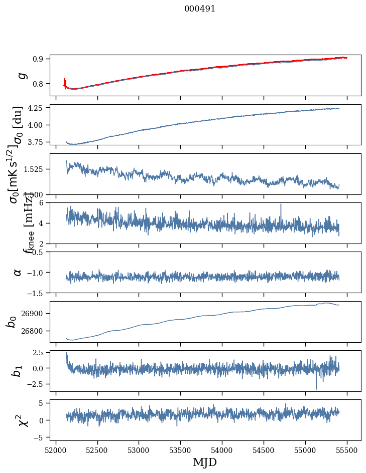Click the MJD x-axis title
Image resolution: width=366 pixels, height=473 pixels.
tap(205, 462)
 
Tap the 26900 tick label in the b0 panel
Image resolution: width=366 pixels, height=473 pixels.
tap(36, 313)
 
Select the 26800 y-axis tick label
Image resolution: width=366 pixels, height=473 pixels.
tap(36, 331)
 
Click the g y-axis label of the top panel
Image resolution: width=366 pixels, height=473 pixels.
tap(21, 76)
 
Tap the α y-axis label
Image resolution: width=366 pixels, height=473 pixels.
tap(18, 272)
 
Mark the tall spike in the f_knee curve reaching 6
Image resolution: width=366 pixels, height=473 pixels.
tap(281, 205)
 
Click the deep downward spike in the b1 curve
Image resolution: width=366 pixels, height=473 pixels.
tap(316, 388)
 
